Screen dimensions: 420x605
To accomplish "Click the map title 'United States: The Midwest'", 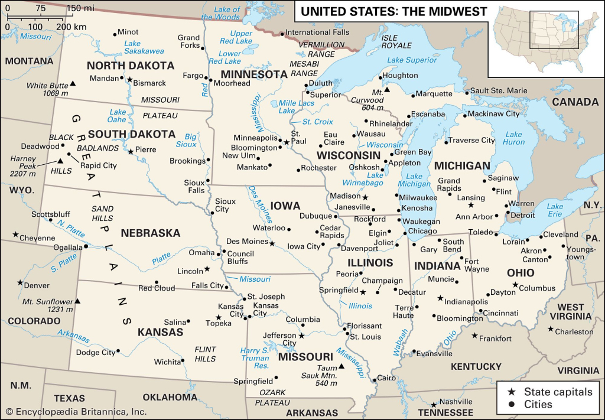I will (394, 11).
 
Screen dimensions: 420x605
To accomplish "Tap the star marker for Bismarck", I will (129, 79).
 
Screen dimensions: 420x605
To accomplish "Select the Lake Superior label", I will (412, 60).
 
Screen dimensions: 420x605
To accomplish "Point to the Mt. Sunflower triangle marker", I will (77, 301).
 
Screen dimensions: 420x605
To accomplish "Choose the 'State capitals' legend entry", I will (558, 392).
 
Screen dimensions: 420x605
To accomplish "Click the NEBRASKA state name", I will (150, 233).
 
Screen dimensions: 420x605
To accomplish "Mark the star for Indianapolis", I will (440, 298).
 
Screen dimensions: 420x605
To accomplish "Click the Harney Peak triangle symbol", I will (60, 161).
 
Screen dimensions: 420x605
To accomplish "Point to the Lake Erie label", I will (555, 210).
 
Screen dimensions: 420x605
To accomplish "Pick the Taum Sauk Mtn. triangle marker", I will (341, 366).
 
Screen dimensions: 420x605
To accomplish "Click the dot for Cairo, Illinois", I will (373, 379).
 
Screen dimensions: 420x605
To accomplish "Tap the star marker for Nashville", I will (434, 405).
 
